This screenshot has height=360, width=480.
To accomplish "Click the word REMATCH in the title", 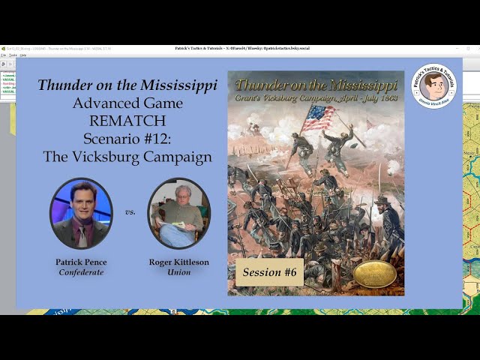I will pyautogui.click(x=127, y=121).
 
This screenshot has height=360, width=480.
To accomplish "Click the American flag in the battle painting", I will pyautogui.click(x=318, y=116).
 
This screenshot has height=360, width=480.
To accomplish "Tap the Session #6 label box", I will pyautogui.click(x=269, y=272).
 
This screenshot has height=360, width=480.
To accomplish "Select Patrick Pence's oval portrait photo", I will pyautogui.click(x=81, y=213).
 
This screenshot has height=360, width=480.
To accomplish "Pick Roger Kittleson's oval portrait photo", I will pyautogui.click(x=178, y=213).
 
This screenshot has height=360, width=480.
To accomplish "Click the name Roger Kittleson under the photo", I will pyautogui.click(x=178, y=262).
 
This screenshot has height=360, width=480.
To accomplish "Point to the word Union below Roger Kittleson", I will pyautogui.click(x=178, y=271).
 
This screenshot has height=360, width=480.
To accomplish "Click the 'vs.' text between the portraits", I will pyautogui.click(x=130, y=212).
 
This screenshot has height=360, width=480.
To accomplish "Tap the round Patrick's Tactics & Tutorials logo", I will pyautogui.click(x=433, y=86).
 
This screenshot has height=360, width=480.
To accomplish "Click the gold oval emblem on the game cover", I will pyautogui.click(x=374, y=274).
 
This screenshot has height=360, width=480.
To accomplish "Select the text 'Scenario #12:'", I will pyautogui.click(x=127, y=139).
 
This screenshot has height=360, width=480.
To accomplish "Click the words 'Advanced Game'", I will pyautogui.click(x=127, y=103).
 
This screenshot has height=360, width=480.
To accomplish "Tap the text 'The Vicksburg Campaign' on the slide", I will pyautogui.click(x=127, y=157).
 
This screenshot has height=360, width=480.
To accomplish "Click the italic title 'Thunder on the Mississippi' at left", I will pyautogui.click(x=127, y=85).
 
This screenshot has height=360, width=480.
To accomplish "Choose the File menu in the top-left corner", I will pyautogui.click(x=4, y=55).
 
